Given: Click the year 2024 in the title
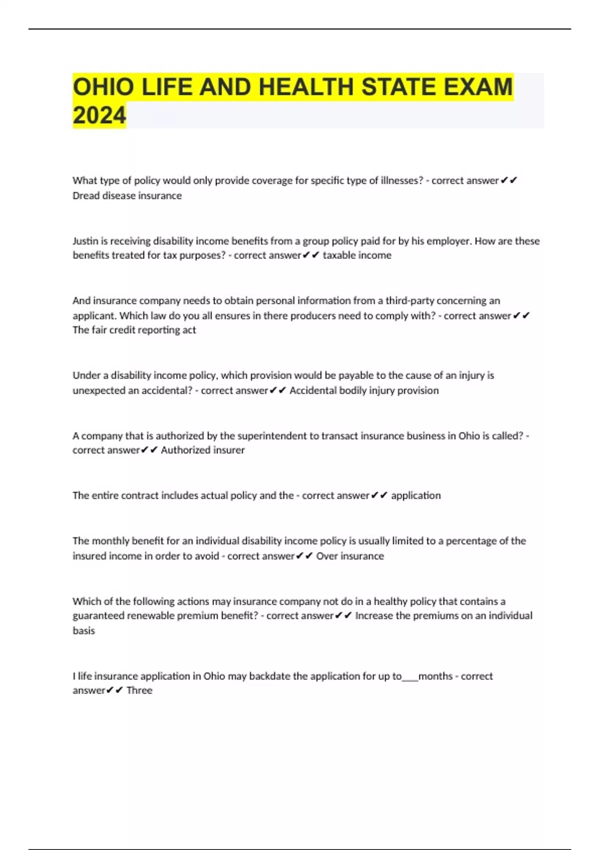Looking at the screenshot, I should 99,115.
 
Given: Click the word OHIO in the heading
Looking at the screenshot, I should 103,87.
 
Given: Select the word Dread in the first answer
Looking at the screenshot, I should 86,195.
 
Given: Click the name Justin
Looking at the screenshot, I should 85,241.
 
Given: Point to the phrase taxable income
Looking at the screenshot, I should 357,255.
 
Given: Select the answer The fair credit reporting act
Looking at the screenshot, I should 134,330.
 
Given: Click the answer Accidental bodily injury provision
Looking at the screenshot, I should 364,390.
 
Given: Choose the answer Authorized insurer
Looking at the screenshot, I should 202,450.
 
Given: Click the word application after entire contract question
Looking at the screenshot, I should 415,495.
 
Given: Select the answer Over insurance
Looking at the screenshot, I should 350,556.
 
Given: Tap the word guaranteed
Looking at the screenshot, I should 98,616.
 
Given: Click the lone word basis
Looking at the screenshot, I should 83,630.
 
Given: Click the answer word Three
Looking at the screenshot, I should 139,690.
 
